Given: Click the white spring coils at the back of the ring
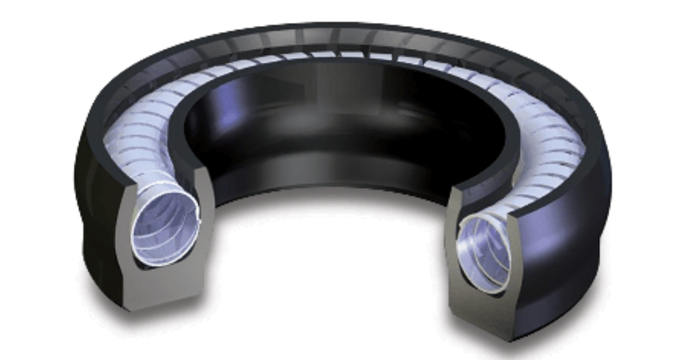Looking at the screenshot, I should tap(340, 56).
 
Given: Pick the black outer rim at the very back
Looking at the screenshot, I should tap(340, 29).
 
